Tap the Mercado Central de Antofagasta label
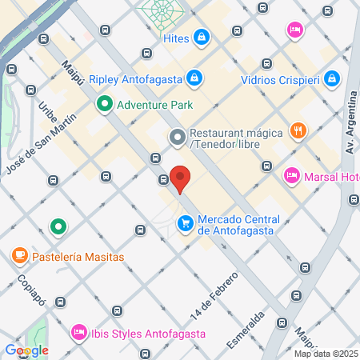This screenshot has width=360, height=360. pos(238,225)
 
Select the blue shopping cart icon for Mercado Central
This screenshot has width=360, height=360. pos(186,222)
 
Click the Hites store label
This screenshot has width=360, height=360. pos(175,38)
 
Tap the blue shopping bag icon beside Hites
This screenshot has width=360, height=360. pos(203,37)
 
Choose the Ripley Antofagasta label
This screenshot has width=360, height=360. pos(137,78)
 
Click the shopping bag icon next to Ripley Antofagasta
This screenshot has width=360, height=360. pos(194,78)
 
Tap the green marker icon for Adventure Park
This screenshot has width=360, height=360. pos(104,103)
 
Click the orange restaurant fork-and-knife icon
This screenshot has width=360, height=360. pos(298,130)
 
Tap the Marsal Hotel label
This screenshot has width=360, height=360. pos(328,176)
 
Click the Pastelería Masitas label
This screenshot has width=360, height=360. pos(78,257)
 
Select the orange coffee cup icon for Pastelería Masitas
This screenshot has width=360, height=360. pos(18,256)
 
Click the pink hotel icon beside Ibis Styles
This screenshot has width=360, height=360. pos(78,331)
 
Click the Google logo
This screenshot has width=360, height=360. pos(26,350)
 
